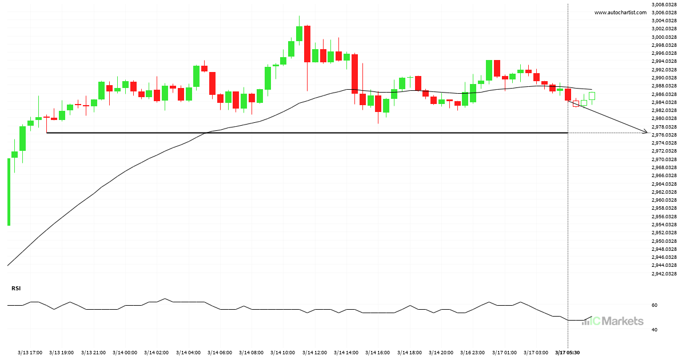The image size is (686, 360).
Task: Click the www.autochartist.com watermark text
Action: pyautogui.click(x=620, y=12)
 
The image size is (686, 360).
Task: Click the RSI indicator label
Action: pyautogui.click(x=16, y=289)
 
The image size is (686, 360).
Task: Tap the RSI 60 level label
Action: pyautogui.click(x=655, y=305)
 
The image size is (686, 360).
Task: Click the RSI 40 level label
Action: pyautogui.click(x=655, y=330)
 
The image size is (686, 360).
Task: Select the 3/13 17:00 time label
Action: pyautogui.click(x=30, y=353)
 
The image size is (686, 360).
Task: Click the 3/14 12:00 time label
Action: pyautogui.click(x=314, y=353)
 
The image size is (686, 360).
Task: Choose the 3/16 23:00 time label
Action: pyautogui.click(x=472, y=353)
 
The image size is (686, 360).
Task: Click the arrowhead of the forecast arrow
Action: pyautogui.click(x=645, y=133)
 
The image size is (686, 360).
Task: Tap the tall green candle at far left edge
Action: pyautogui.click(x=8, y=191)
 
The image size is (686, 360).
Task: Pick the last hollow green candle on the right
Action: pyautogui.click(x=592, y=96)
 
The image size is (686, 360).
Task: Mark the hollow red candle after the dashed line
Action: pyautogui.click(x=576, y=103)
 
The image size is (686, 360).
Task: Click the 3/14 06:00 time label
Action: pyautogui.click(x=220, y=353)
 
